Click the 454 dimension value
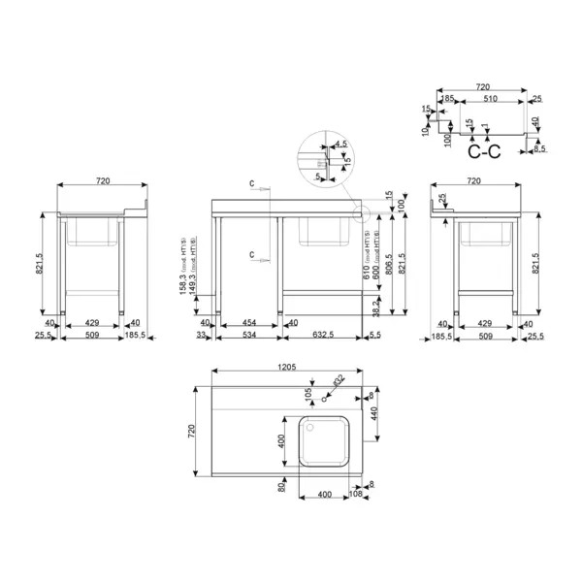[248, 322]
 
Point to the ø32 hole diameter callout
[337, 379]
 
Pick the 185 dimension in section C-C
[447, 98]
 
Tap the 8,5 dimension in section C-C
[539, 149]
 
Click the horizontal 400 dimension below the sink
[324, 495]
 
